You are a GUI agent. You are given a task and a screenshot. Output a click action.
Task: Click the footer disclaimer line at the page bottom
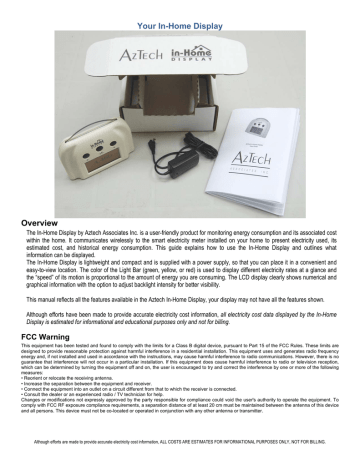(x=180, y=451)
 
